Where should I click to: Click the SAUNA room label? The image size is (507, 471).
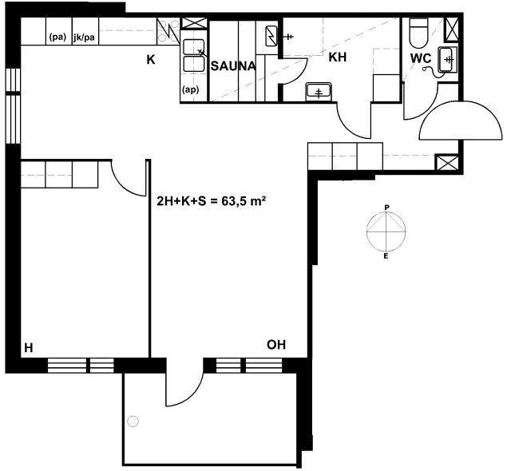(233, 66)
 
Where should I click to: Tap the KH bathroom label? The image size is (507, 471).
(337, 57)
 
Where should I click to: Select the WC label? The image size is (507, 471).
(421, 58)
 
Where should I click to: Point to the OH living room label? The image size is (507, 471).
(276, 345)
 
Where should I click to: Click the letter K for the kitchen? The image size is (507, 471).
(151, 60)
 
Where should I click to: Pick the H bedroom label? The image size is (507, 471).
(29, 348)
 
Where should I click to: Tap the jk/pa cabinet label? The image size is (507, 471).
(84, 38)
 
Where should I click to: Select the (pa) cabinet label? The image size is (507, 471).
(57, 38)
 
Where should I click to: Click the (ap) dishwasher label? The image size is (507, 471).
(191, 89)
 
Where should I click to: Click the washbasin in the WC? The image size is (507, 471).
(447, 59)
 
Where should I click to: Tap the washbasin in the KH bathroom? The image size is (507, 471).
(319, 92)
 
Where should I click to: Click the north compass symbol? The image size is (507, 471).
(386, 231)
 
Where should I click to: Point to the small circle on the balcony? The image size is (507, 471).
(133, 422)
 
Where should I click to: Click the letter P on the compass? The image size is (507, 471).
(386, 208)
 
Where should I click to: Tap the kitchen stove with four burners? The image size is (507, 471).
(168, 31)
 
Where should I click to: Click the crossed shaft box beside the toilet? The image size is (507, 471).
(451, 30)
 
